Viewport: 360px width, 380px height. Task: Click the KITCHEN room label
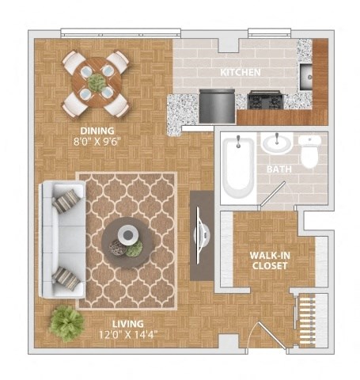(x=241, y=72)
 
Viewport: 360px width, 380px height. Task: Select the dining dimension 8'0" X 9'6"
(x=97, y=142)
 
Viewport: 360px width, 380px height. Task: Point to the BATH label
(x=279, y=169)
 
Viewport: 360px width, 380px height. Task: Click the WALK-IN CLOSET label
(x=268, y=260)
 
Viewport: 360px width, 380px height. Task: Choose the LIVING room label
(x=104, y=324)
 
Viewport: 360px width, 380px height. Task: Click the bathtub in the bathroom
(x=237, y=167)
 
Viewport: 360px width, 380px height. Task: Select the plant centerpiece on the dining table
(x=97, y=82)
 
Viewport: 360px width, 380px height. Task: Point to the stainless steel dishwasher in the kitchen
(x=216, y=104)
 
